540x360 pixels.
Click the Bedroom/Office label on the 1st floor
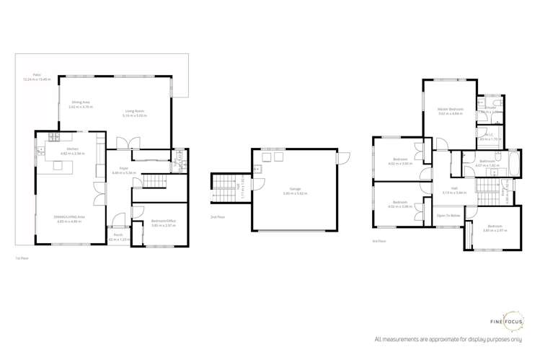[x=162, y=221]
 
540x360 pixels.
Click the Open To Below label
[x=448, y=215]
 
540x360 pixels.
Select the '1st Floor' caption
[x=22, y=257]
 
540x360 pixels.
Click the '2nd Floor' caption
[x=215, y=216]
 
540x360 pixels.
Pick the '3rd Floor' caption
[x=379, y=242]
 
